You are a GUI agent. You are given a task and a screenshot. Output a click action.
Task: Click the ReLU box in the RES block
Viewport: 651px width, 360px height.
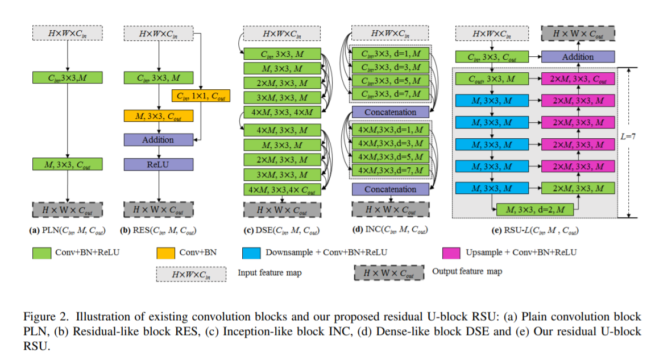pyautogui.click(x=159, y=164)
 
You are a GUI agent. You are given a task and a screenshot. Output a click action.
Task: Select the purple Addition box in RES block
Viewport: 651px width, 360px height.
pyautogui.click(x=159, y=139)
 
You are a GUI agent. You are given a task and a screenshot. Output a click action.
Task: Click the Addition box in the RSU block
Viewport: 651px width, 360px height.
pyautogui.click(x=578, y=57)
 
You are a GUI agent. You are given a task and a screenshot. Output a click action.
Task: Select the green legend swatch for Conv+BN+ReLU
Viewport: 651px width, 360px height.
pyautogui.click(x=44, y=252)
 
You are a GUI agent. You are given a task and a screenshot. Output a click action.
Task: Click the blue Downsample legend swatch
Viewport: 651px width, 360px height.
pyautogui.click(x=253, y=252)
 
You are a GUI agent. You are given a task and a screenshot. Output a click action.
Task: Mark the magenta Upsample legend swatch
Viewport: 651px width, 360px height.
pyautogui.click(x=453, y=252)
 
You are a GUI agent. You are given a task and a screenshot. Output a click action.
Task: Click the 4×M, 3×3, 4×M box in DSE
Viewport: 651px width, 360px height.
pyautogui.click(x=282, y=112)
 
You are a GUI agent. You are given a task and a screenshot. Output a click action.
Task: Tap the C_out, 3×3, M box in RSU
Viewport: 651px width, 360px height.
pyautogui.click(x=491, y=80)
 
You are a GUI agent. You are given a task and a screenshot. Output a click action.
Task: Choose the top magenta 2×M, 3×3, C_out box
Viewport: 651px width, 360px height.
pyautogui.click(x=578, y=80)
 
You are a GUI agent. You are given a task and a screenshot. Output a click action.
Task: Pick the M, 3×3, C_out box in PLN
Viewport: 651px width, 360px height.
pyautogui.click(x=68, y=165)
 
